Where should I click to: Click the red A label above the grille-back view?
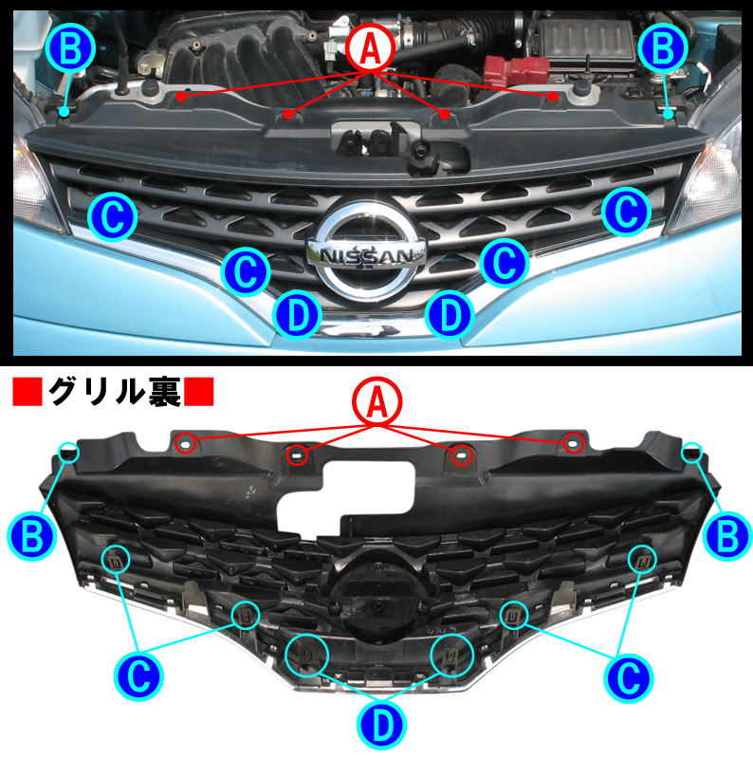[377, 404]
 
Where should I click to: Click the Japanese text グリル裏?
[114, 391]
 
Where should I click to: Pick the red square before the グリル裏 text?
[27, 391]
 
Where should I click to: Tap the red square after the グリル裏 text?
[199, 391]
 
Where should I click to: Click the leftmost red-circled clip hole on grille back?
[187, 442]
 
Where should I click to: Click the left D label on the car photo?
[298, 316]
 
